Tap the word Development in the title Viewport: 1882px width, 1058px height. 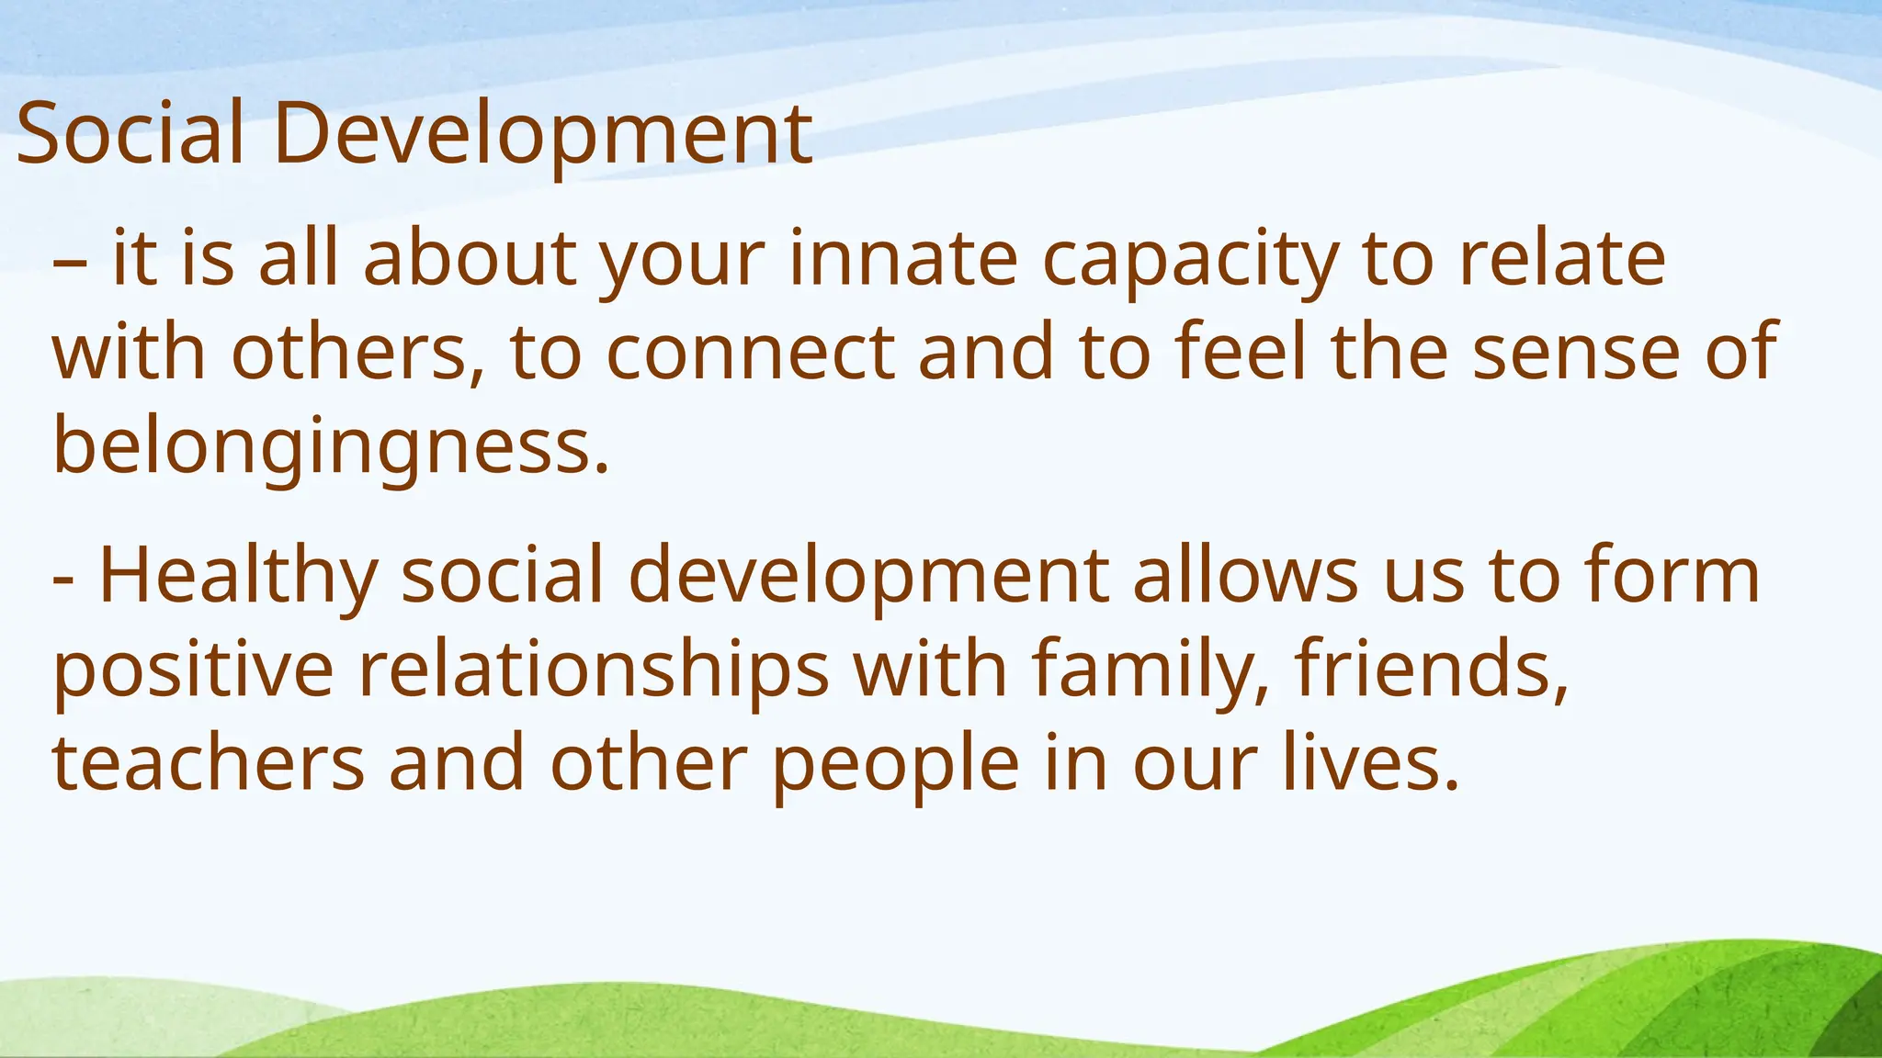(542, 135)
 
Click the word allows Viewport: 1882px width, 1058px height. (1245, 575)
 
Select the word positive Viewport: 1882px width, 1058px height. (193, 671)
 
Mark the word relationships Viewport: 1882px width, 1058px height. (594, 671)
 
